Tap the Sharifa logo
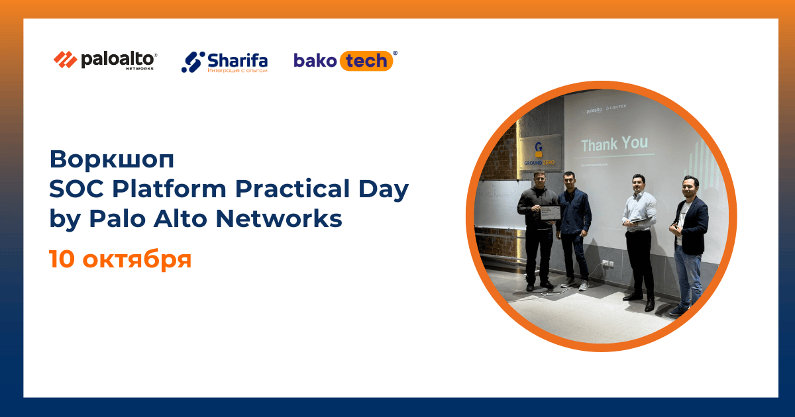(225, 62)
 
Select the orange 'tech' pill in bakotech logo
(366, 61)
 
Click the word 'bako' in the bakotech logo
(315, 61)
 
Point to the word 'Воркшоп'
(111, 159)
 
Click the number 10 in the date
(62, 259)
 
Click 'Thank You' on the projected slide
(614, 143)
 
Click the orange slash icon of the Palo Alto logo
(65, 60)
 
